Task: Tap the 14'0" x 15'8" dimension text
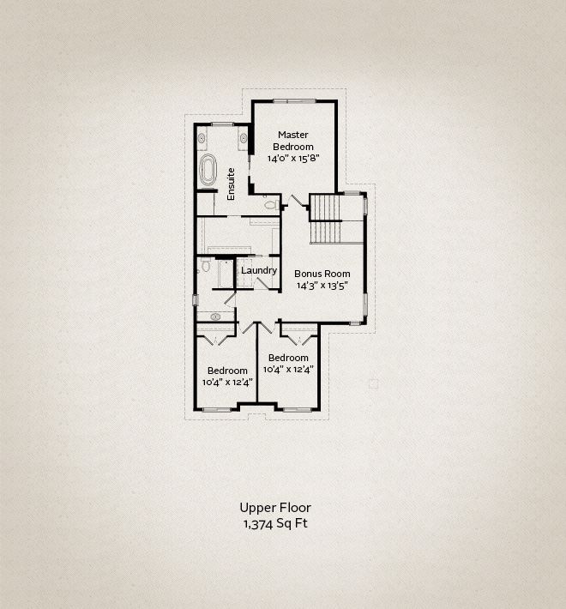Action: click(x=293, y=159)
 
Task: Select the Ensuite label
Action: click(x=231, y=184)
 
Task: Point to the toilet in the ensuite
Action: click(x=270, y=204)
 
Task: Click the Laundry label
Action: click(x=259, y=271)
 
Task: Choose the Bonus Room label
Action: click(x=322, y=274)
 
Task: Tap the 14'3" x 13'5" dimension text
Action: click(x=322, y=286)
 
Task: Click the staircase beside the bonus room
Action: click(x=325, y=220)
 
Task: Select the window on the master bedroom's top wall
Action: click(x=294, y=101)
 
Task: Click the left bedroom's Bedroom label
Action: click(x=227, y=371)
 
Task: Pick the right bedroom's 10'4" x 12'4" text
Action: click(x=288, y=369)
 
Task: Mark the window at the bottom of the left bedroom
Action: click(x=217, y=410)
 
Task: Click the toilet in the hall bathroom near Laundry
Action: click(x=205, y=268)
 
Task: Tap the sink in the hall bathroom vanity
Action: click(x=215, y=317)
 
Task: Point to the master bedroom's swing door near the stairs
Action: click(x=299, y=202)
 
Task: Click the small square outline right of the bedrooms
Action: click(x=373, y=383)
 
